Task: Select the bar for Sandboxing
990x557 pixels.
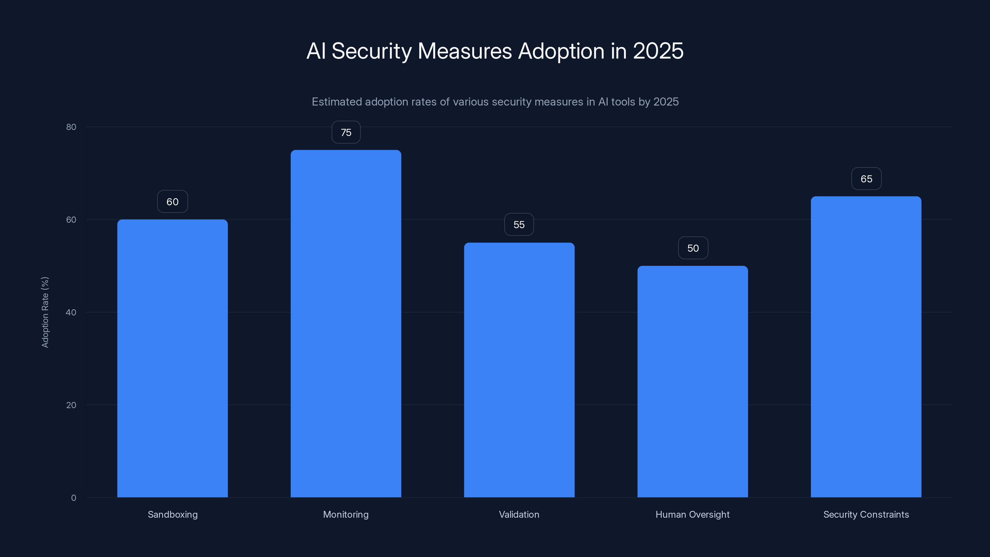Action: [172, 358]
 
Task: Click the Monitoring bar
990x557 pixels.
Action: [346, 324]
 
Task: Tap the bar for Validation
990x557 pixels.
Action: [519, 370]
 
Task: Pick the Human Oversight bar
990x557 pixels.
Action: [693, 381]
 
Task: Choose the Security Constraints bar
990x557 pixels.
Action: [866, 347]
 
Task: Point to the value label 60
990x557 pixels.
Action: [172, 202]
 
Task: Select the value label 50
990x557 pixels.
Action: [693, 248]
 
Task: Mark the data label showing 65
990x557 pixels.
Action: [866, 179]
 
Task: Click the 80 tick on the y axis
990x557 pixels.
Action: [71, 127]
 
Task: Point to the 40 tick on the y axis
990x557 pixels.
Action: [71, 313]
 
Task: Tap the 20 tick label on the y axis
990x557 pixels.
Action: [71, 405]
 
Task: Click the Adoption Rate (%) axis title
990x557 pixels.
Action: [45, 312]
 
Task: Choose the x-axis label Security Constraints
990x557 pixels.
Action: [866, 515]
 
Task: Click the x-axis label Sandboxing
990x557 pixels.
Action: [173, 515]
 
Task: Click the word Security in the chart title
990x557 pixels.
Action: [371, 51]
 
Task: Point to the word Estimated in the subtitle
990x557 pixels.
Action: [337, 102]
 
